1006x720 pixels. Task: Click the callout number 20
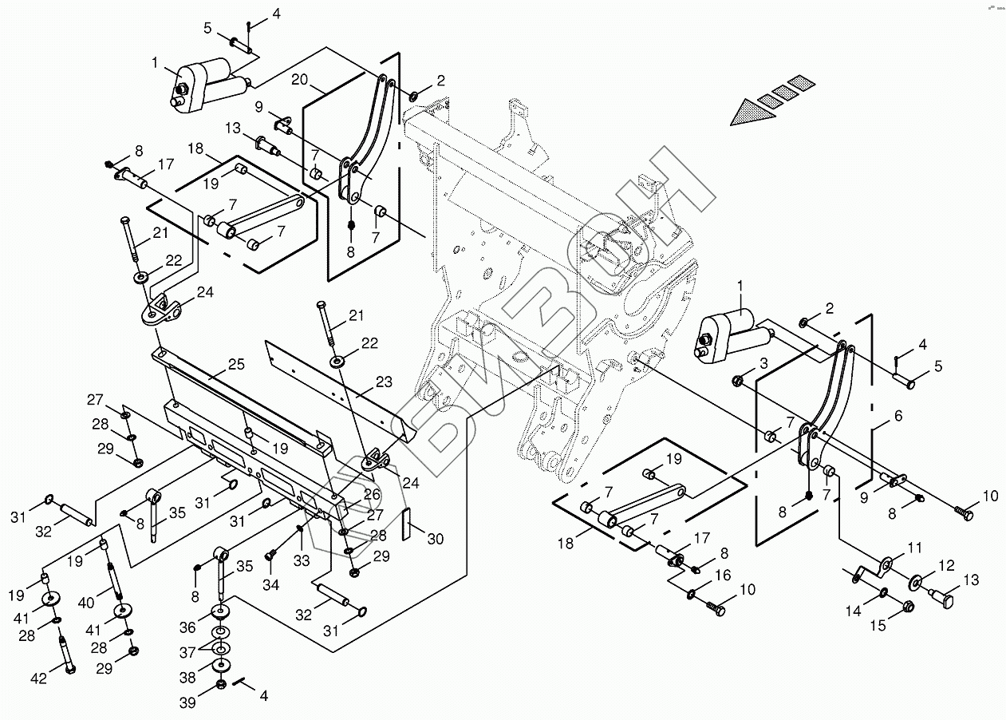click(299, 80)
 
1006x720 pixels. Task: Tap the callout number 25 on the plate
click(237, 364)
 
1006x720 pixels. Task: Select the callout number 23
click(384, 382)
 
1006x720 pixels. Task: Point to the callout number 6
click(898, 415)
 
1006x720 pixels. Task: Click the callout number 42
click(38, 678)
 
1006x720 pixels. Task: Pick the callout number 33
click(302, 560)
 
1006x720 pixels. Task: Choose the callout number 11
click(914, 548)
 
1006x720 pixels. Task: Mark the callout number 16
click(723, 575)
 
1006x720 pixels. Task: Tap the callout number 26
click(372, 494)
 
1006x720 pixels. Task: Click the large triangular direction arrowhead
click(752, 113)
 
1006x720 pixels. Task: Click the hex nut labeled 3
click(736, 382)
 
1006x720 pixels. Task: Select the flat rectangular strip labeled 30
click(406, 524)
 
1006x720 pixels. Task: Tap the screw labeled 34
click(270, 556)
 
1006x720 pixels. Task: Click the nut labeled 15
click(908, 607)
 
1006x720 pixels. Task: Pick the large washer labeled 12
click(915, 583)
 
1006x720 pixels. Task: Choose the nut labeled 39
click(220, 685)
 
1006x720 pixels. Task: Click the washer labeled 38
click(220, 665)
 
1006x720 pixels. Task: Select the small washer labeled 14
click(884, 592)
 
